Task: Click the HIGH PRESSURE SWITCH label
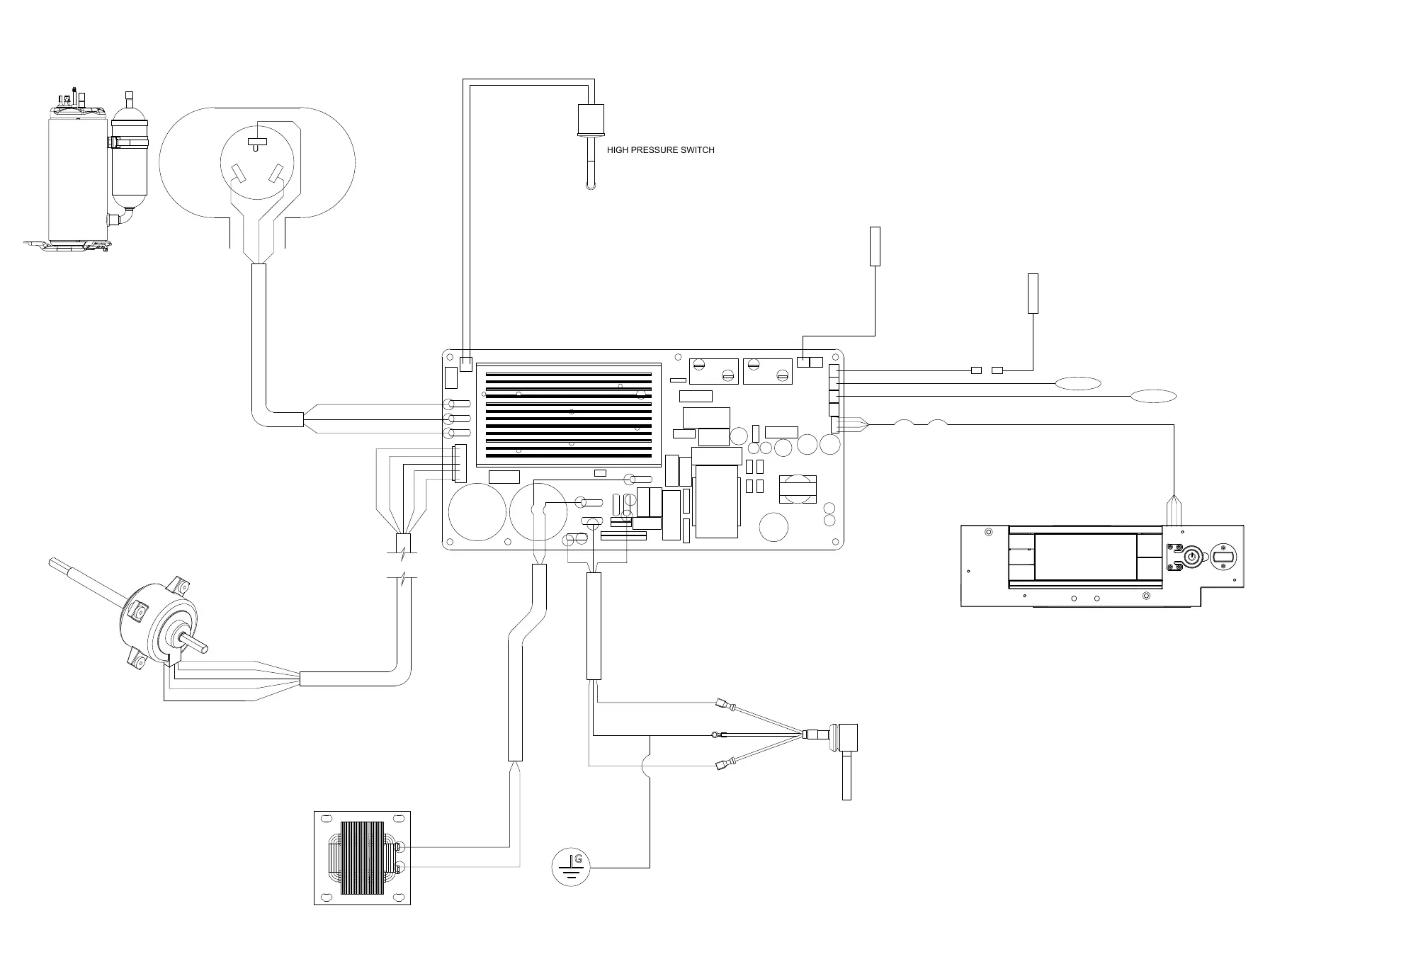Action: point(660,150)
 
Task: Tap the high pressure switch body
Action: point(591,120)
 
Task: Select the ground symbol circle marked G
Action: point(571,868)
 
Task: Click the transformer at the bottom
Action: point(362,858)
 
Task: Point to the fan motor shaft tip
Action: point(52,563)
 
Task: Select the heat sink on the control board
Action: point(569,415)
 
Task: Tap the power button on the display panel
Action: point(1191,557)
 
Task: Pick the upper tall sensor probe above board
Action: point(875,246)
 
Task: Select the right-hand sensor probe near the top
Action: point(1033,293)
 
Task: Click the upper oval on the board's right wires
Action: point(1078,383)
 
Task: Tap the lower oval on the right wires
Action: point(1153,396)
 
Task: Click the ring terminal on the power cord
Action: point(714,735)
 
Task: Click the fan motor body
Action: point(160,623)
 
